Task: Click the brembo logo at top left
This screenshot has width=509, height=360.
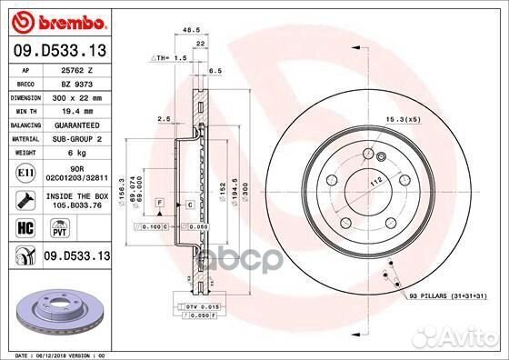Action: pyautogui.click(x=56, y=20)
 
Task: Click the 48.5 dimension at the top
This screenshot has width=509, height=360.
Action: pyautogui.click(x=192, y=29)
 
